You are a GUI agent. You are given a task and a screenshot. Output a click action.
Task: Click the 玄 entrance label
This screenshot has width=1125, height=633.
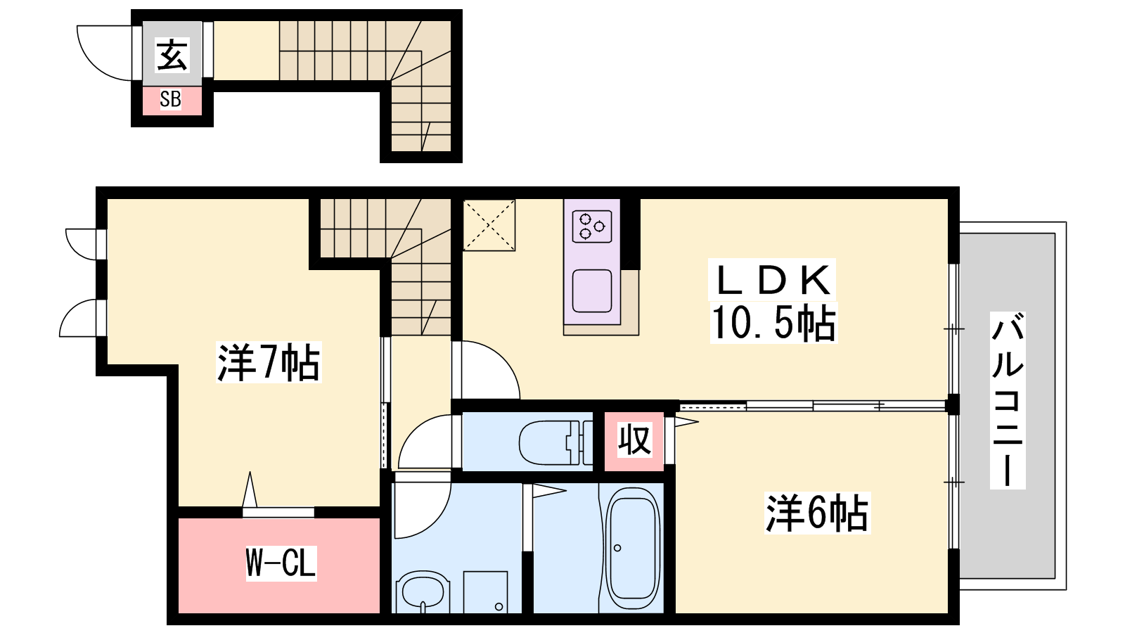172,56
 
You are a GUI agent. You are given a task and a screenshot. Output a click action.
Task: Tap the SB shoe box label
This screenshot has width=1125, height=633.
170,99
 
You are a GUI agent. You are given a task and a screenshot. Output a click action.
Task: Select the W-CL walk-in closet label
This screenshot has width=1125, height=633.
281,563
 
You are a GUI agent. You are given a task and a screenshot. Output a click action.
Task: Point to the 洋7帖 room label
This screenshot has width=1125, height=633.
269,362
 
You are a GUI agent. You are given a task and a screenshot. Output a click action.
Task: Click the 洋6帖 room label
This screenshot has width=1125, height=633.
817,513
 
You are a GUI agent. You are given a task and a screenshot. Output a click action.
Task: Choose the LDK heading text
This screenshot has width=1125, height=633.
773,281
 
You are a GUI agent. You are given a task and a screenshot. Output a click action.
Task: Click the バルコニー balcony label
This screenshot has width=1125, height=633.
1008,400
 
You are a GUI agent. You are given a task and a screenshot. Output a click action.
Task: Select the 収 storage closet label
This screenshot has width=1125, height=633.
634,440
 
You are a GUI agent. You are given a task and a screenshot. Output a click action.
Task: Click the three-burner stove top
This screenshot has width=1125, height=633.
592,226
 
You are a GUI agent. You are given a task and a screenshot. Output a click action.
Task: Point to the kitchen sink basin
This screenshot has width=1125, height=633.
592,291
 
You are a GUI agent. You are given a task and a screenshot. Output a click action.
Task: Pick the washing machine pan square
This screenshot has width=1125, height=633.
485,592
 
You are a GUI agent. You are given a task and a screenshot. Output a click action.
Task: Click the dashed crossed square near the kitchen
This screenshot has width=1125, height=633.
489,224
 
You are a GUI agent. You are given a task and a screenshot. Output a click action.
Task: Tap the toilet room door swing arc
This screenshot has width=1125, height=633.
413,430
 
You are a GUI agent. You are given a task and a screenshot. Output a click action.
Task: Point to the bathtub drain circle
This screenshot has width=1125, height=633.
617,548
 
